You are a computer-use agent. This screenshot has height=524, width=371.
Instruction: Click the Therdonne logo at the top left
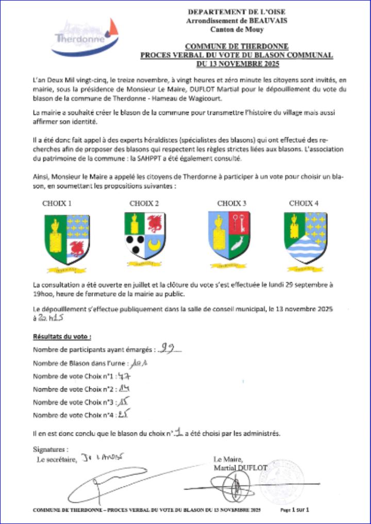click(x=85, y=36)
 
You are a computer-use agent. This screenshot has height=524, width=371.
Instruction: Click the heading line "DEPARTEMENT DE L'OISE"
click(x=237, y=12)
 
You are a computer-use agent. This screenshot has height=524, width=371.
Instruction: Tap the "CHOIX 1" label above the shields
click(x=57, y=203)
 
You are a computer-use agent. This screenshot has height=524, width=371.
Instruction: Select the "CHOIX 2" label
click(x=144, y=203)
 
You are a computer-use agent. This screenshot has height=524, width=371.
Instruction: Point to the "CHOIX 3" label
click(x=231, y=203)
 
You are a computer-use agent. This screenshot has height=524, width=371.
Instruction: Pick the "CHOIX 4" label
click(x=303, y=203)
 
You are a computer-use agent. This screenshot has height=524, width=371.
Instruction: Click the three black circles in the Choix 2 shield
click(x=136, y=244)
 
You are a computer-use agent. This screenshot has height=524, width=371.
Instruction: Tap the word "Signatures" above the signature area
click(x=50, y=449)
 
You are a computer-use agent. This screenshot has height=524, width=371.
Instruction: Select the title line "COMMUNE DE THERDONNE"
click(x=237, y=46)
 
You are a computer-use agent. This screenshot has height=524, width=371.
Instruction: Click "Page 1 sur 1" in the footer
click(x=294, y=510)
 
